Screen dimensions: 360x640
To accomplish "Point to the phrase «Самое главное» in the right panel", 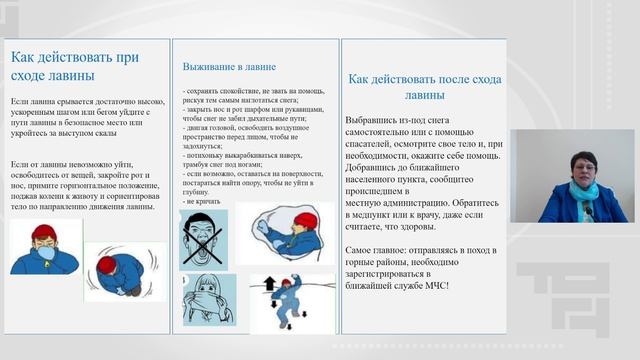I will pyautogui.click(x=379, y=247).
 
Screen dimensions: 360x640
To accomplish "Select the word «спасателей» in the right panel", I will pyautogui.click(x=375, y=129).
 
